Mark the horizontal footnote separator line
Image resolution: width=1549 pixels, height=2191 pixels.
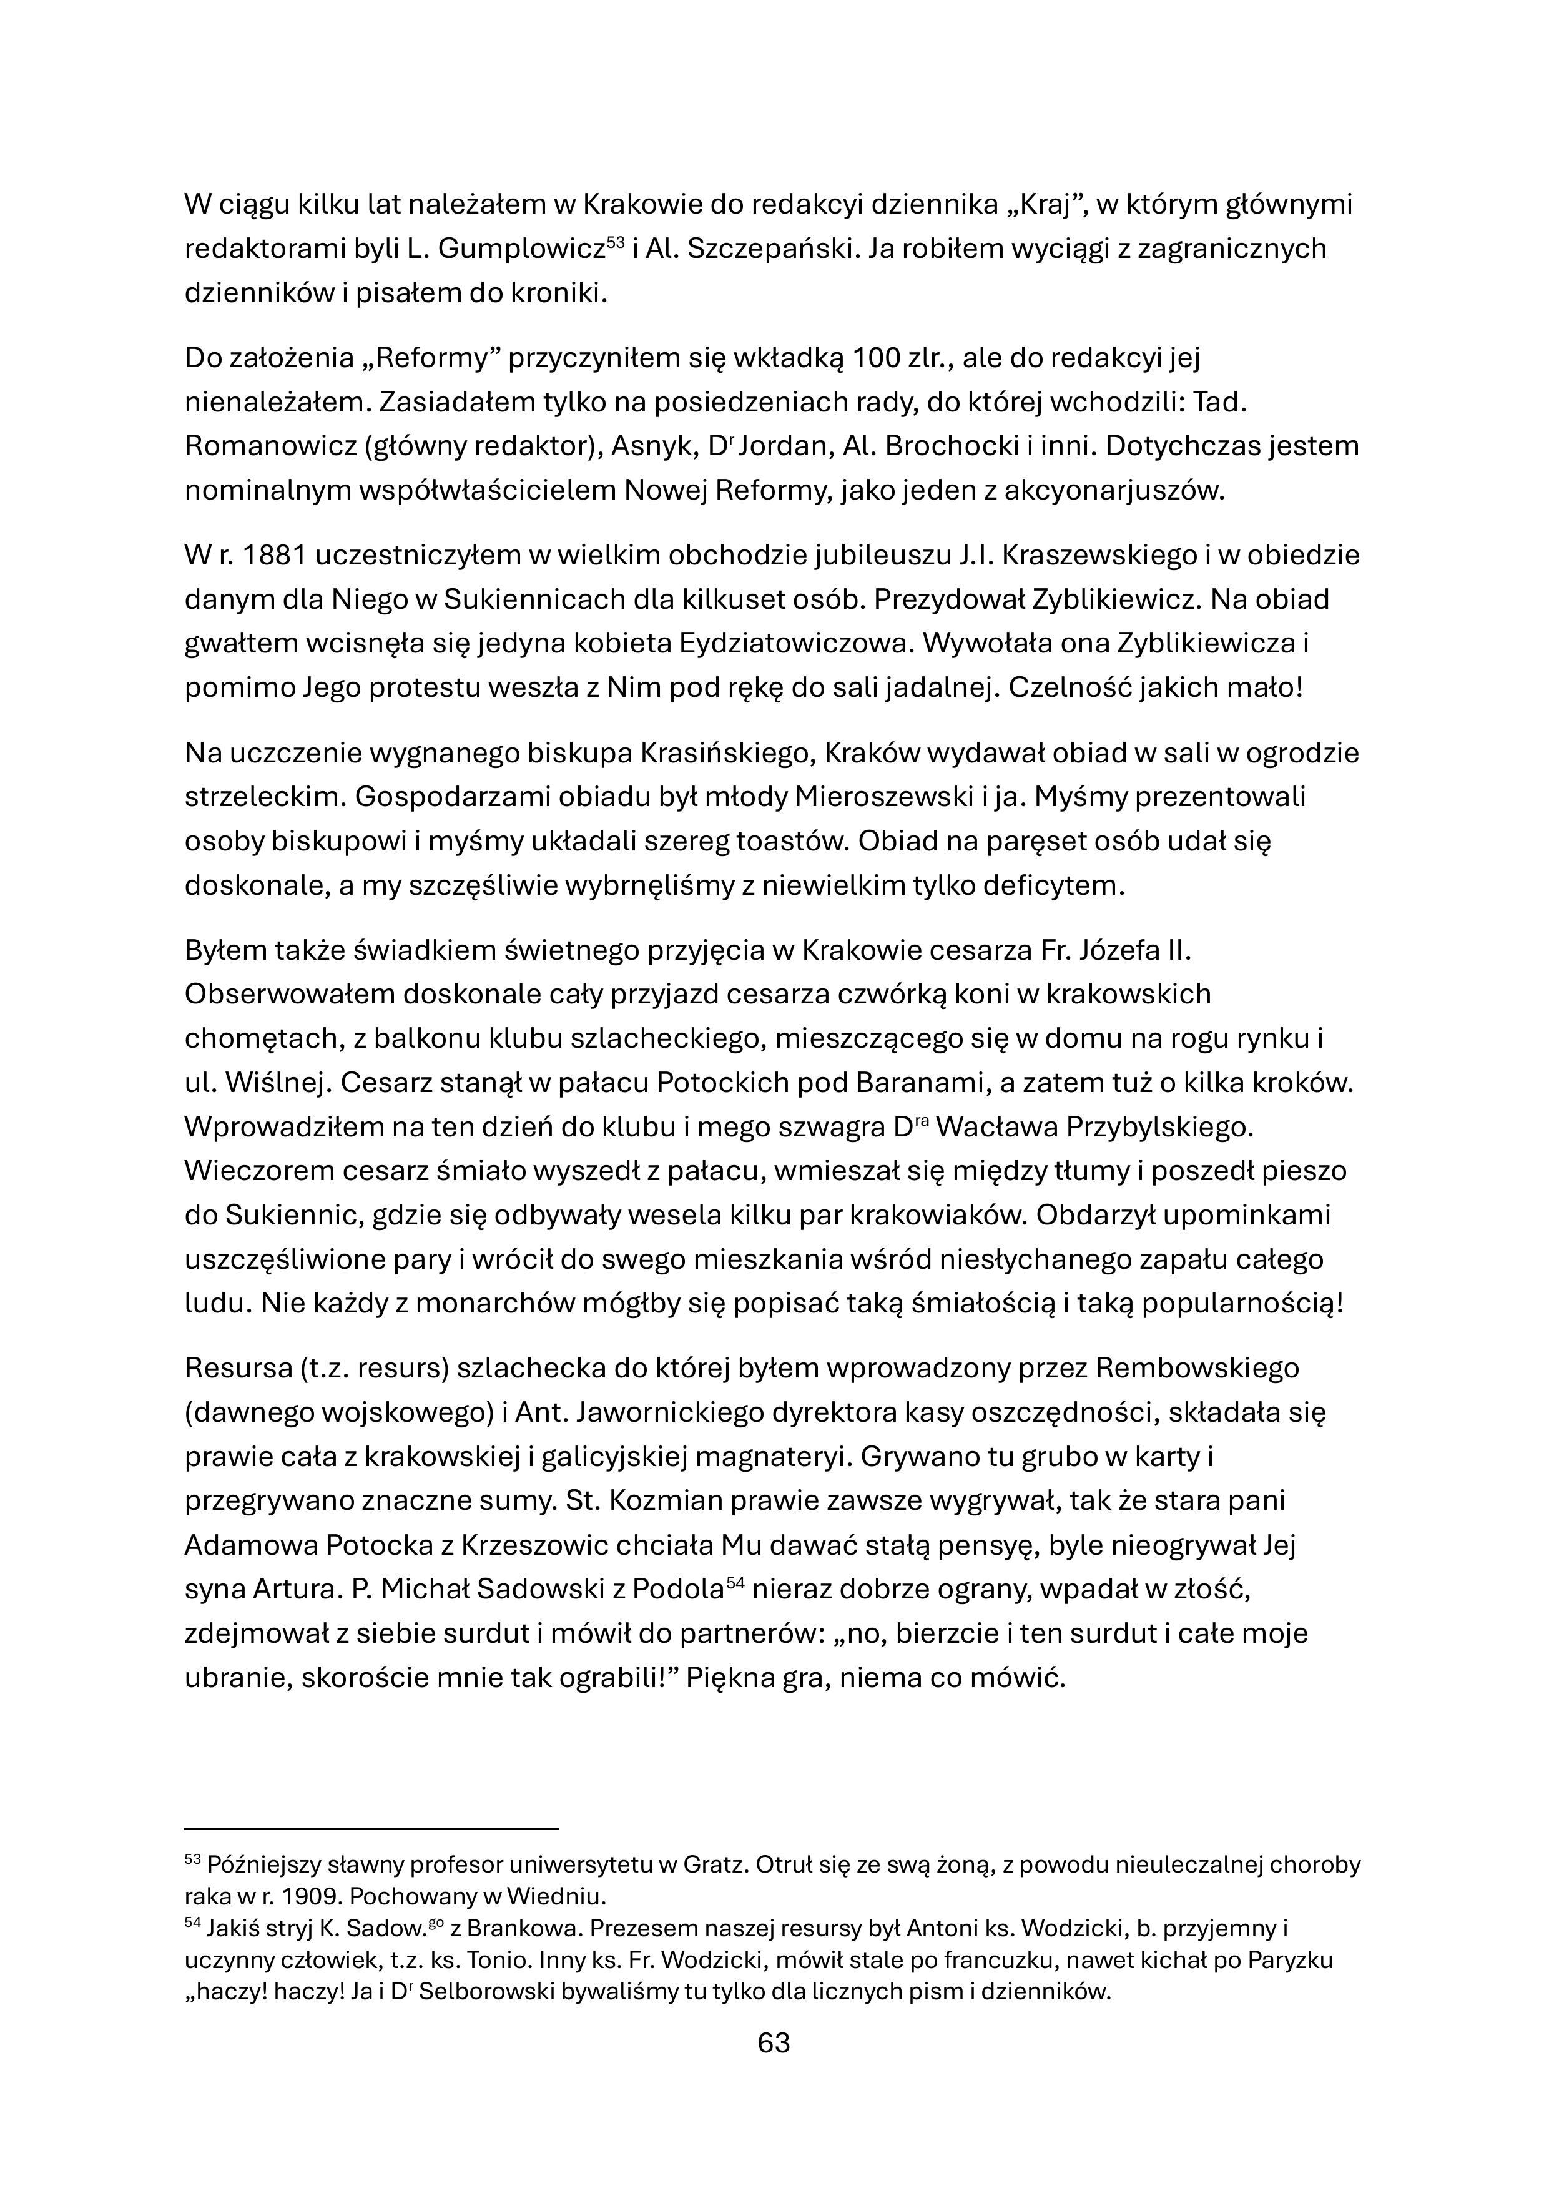coord(370,1828)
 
